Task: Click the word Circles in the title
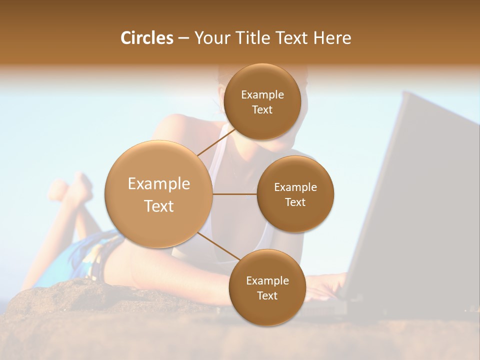[146, 38]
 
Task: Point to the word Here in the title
[332, 38]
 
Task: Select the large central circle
[159, 194]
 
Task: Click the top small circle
[262, 101]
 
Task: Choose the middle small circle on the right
[295, 194]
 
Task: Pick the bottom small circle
[267, 287]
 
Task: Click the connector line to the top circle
[216, 141]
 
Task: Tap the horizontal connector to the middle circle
[235, 194]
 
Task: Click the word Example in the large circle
[159, 184]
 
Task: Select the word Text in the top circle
[262, 109]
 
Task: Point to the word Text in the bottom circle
[267, 295]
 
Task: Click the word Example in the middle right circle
[295, 187]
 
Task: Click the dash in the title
[183, 38]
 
